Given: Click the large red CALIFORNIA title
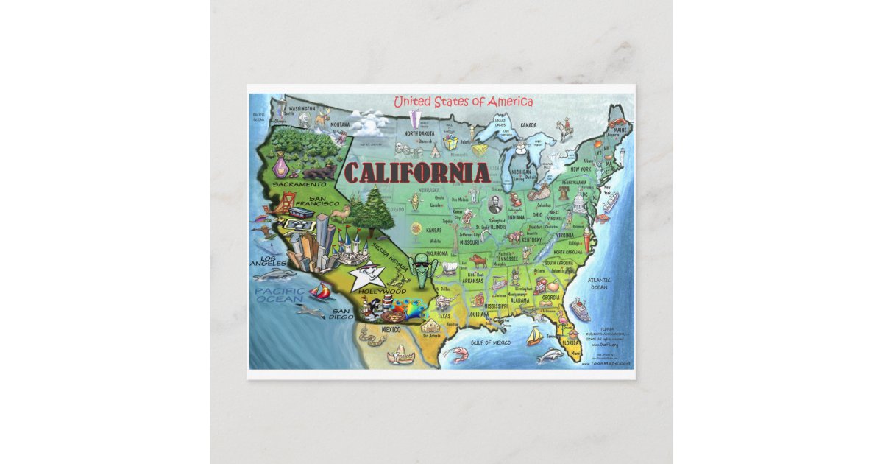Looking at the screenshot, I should [416, 173].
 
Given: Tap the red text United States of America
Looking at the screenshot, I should [463, 102].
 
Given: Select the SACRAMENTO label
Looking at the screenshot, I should [299, 183].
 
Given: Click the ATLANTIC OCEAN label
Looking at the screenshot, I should [599, 284].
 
